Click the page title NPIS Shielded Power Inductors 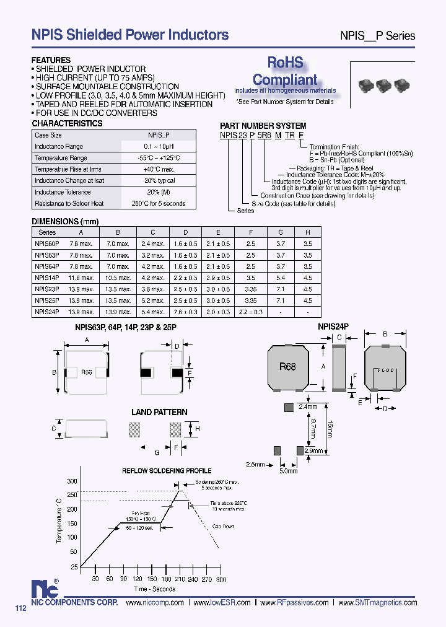pyautogui.click(x=130, y=35)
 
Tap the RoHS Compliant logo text pyautogui.click(x=285, y=71)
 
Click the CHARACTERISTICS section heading pyautogui.click(x=67, y=123)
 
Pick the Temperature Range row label pyautogui.click(x=61, y=158)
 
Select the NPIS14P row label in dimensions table pyautogui.click(x=47, y=278)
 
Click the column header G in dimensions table pyautogui.click(x=281, y=232)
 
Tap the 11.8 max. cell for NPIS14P pyautogui.click(x=81, y=278)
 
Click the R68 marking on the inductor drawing pyautogui.click(x=287, y=367)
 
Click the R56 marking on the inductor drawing pyautogui.click(x=87, y=372)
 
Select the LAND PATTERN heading pyautogui.click(x=159, y=412)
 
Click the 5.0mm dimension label pyautogui.click(x=289, y=471)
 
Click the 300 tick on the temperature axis pyautogui.click(x=72, y=481)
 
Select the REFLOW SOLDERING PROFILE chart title pyautogui.click(x=166, y=471)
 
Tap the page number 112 pyautogui.click(x=21, y=608)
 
